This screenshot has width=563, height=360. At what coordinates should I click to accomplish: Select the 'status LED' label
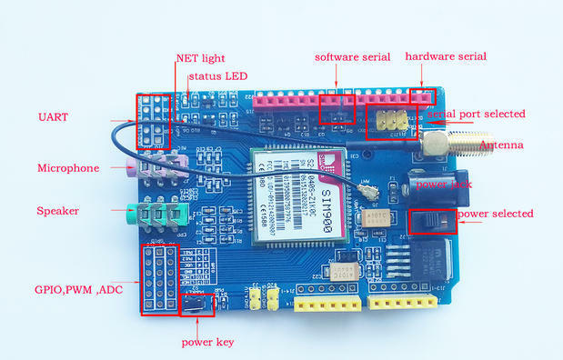pos(217,75)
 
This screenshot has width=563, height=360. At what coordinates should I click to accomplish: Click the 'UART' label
pos(53,116)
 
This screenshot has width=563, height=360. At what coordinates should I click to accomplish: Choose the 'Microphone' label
pos(67,168)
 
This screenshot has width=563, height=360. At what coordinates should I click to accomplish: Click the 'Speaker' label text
pos(57,211)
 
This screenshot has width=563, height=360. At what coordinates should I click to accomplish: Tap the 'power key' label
pos(208,342)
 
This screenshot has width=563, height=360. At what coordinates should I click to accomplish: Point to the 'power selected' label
pos(497,214)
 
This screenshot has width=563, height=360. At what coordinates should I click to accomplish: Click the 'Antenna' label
pos(500,145)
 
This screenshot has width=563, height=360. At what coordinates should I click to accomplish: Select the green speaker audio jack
pos(156,215)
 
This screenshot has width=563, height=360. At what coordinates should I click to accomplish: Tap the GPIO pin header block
pos(157,277)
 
